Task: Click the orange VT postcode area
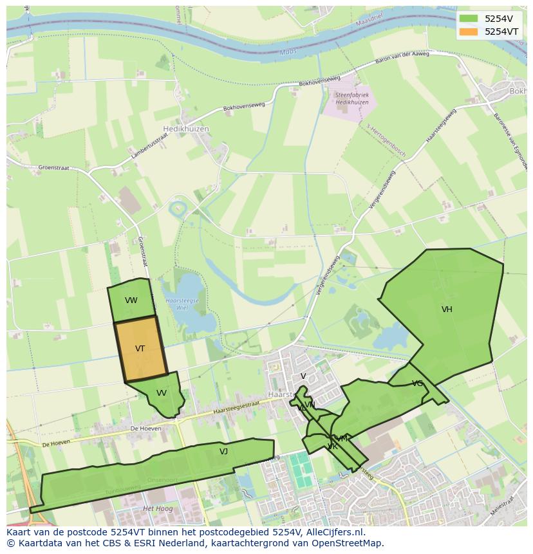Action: coord(140,349)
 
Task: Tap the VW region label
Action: coord(131,300)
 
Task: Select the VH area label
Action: coord(447,309)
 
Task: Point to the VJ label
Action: coord(223,452)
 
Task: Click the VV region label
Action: coord(162,393)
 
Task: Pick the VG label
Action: coord(417,383)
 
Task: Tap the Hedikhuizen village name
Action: coord(186,129)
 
